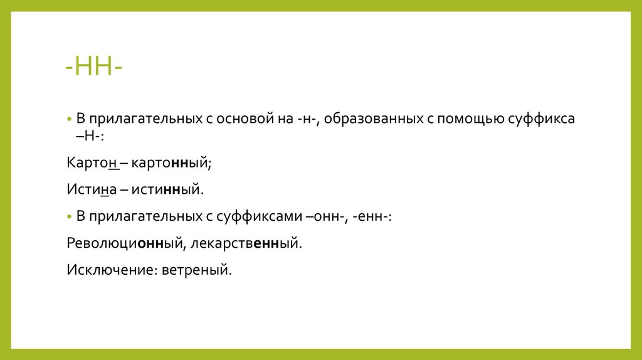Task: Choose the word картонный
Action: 172,162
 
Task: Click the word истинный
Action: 168,189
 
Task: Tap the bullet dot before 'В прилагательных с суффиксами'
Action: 69,216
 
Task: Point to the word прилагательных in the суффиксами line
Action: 146,216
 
